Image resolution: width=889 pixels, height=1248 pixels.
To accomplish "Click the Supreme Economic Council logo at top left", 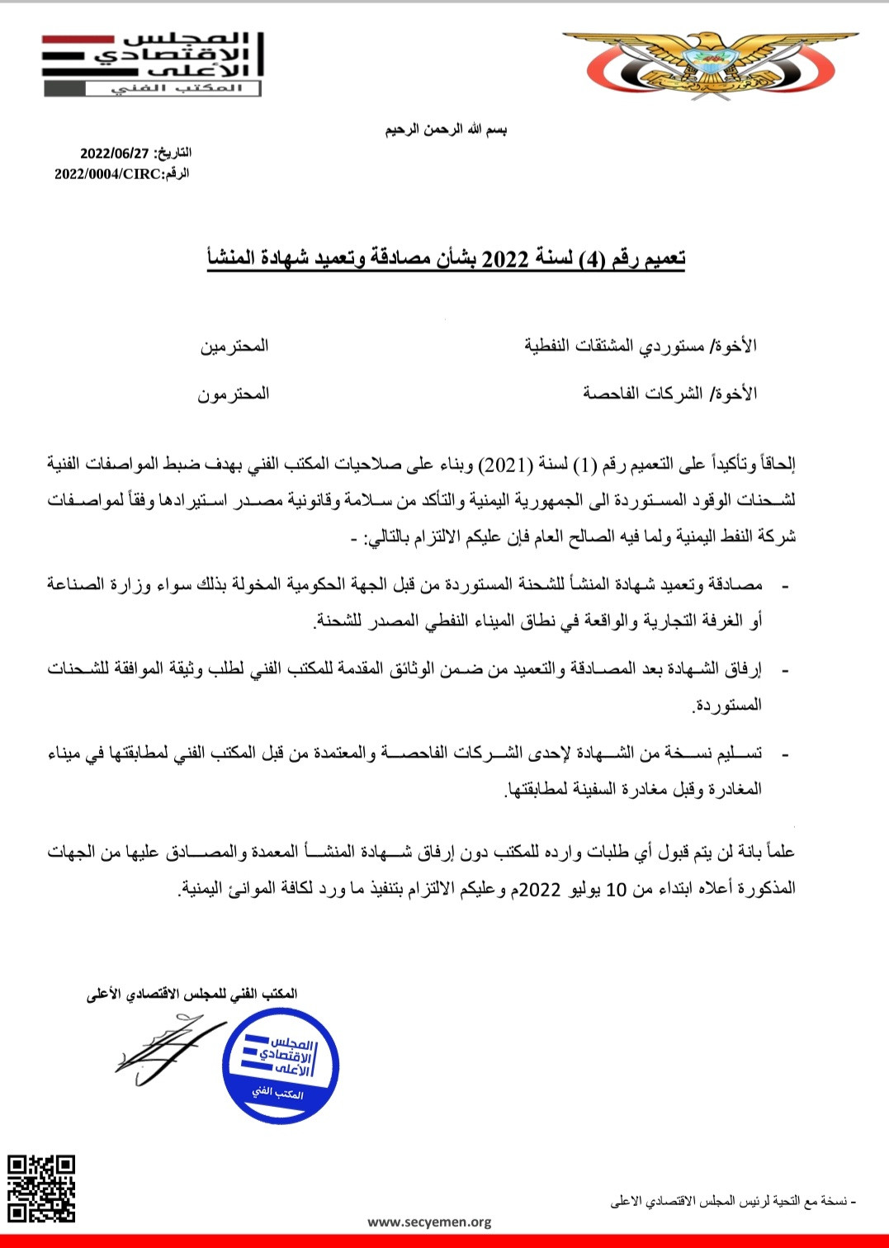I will click(154, 64).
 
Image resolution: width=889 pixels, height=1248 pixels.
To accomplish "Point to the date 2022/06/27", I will click(115, 154).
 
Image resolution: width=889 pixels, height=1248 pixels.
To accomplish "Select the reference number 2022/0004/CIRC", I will click(107, 174).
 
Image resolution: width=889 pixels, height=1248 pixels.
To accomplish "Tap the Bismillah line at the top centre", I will click(446, 130).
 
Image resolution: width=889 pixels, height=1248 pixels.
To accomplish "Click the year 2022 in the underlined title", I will click(505, 259).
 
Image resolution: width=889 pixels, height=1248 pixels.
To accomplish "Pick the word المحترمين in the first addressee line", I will click(234, 346).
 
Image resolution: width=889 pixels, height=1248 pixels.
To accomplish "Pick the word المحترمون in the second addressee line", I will click(234, 395).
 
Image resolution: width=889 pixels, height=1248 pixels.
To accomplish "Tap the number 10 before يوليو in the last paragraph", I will click(617, 890).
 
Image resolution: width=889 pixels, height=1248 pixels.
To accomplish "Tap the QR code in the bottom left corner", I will click(41, 1189).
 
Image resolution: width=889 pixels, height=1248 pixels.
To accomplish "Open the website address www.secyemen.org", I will click(429, 1222).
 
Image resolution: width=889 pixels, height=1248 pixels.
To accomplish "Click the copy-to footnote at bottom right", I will click(733, 1202).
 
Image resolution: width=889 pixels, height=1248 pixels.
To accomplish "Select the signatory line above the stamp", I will click(192, 995).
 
